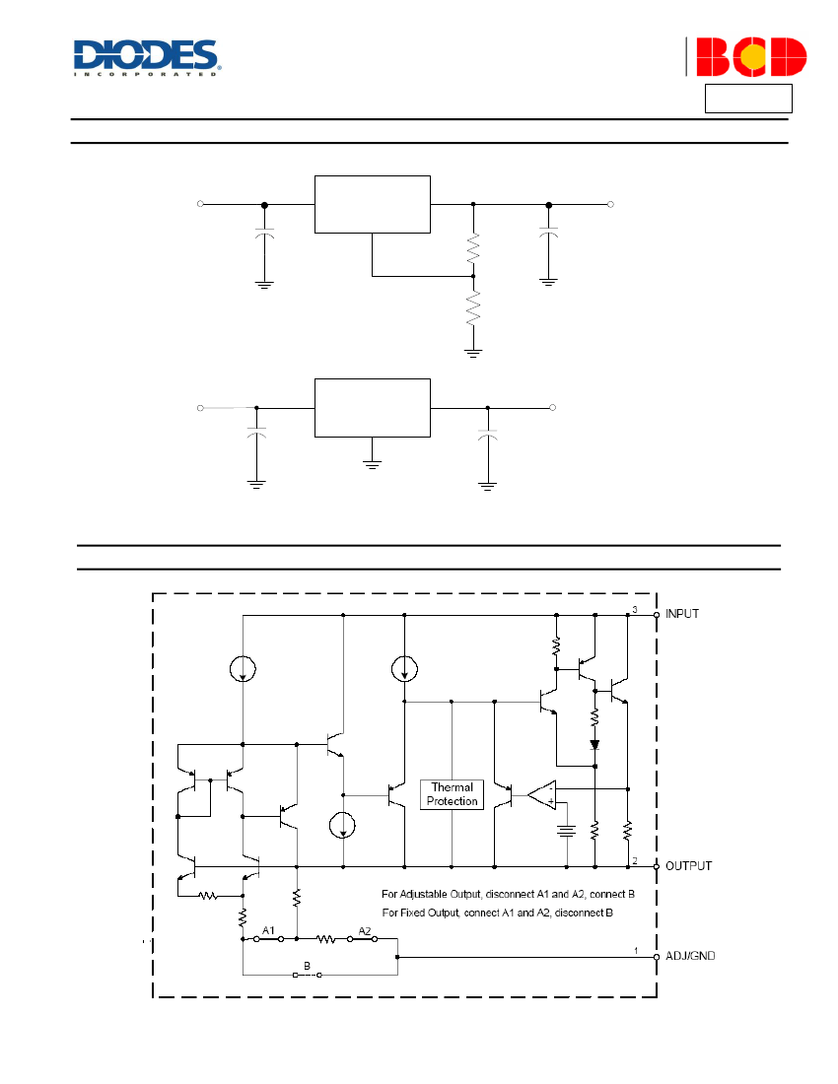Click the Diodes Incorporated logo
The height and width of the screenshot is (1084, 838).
pos(147,57)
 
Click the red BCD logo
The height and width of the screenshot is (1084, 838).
pos(751,57)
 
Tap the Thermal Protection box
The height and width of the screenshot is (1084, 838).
pos(453,794)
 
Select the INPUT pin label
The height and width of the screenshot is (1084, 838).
pos(682,614)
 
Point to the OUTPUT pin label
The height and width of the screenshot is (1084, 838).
pos(688,866)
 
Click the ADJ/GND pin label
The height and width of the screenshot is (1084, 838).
pos(690,956)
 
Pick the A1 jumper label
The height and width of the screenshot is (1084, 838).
pos(268,930)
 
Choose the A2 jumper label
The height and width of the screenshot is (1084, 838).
pos(365,930)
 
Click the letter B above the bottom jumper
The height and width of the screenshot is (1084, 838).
pos(307,966)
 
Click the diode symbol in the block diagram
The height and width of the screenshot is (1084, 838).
pos(594,745)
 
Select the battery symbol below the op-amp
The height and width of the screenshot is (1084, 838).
pos(566,831)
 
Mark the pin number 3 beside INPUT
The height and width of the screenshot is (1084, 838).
pos(635,609)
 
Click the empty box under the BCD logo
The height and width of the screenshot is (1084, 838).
pos(748,99)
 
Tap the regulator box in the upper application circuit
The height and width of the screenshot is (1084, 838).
pos(373,205)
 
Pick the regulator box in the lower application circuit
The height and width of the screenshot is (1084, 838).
pos(373,408)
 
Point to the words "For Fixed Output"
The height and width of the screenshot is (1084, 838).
pos(420,914)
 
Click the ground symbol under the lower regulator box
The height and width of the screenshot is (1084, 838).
pos(372,463)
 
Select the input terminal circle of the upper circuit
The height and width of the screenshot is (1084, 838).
pos(200,204)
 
